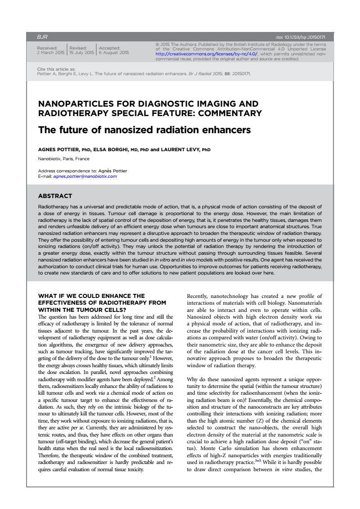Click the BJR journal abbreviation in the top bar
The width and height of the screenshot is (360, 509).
[42, 36]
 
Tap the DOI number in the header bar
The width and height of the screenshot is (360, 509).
[300, 36]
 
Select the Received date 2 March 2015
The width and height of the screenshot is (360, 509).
[50, 53]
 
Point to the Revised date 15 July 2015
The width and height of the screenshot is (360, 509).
[81, 53]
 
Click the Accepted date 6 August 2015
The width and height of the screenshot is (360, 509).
[113, 53]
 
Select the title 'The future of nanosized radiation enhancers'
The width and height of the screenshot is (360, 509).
[144, 130]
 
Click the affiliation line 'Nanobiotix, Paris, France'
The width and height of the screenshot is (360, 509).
[63, 158]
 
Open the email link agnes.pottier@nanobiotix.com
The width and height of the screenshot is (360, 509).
[85, 176]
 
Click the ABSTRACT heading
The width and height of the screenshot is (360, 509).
[55, 196]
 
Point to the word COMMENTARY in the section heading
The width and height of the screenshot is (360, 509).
[228, 113]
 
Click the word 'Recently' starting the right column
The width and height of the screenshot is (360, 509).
[199, 296]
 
